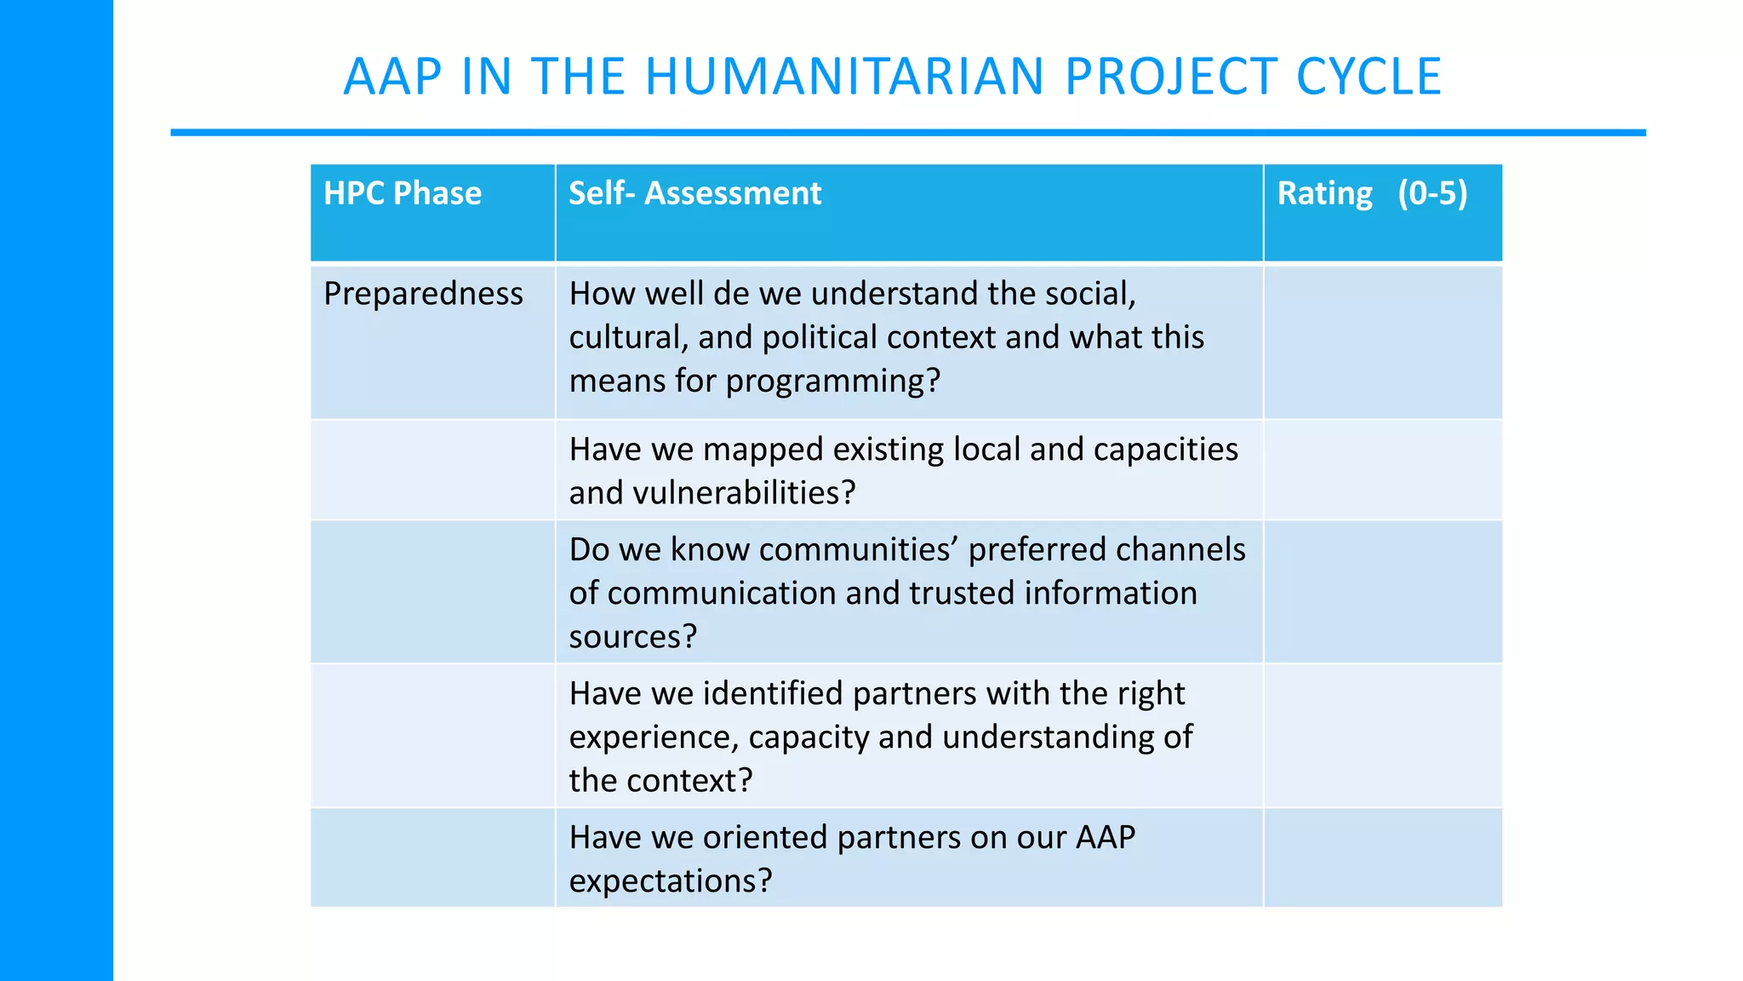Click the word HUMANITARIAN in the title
(844, 77)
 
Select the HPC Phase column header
(403, 193)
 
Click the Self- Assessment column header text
(694, 193)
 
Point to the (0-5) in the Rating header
(1432, 193)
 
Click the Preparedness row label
(423, 294)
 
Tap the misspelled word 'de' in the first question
(730, 294)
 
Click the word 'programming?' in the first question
(833, 381)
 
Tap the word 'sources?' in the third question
(632, 637)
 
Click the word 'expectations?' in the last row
(670, 881)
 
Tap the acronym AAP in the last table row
(1105, 838)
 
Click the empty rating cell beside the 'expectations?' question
(1382, 858)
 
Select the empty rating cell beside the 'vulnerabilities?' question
(1382, 470)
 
